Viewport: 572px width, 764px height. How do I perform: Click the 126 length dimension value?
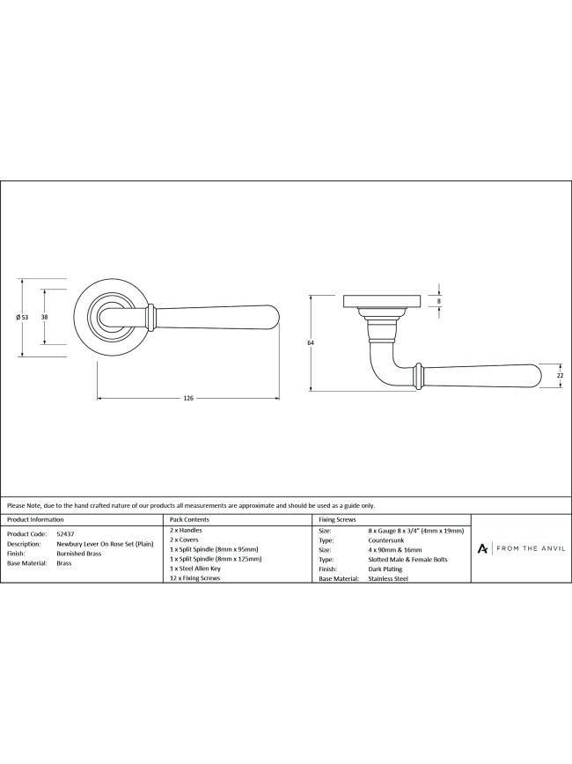[188, 398]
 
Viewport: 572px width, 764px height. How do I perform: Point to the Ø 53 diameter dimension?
[22, 317]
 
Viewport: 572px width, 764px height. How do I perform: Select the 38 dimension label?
[44, 317]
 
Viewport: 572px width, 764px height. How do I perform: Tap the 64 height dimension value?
[311, 343]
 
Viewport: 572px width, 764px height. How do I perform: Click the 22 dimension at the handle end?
[560, 376]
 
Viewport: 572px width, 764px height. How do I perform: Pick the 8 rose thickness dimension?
[439, 301]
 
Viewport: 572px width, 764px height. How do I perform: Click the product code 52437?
[65, 534]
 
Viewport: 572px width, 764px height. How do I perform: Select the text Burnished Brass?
[79, 554]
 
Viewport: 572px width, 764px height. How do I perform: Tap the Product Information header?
[35, 519]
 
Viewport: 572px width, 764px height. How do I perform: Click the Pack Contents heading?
[189, 519]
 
